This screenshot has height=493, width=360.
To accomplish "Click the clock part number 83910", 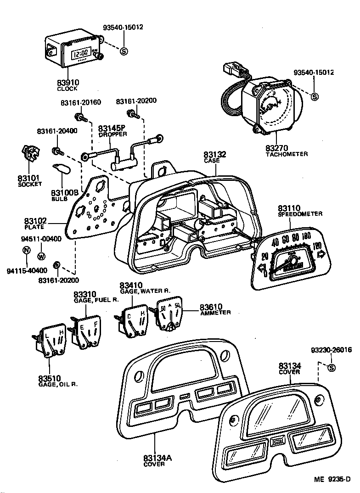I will [x=68, y=83].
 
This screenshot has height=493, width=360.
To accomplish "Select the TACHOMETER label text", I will [x=287, y=154].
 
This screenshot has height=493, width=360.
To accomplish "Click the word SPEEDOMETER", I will [x=300, y=214].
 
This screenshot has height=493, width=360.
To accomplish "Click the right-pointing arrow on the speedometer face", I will [x=321, y=253].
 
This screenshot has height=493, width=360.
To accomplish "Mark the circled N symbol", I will [x=26, y=251].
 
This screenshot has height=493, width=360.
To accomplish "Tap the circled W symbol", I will [x=41, y=256].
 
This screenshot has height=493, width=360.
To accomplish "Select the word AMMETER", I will [x=215, y=313].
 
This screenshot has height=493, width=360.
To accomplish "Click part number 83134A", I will [x=157, y=458].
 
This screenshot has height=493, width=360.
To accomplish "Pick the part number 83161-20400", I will [x=57, y=131].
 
